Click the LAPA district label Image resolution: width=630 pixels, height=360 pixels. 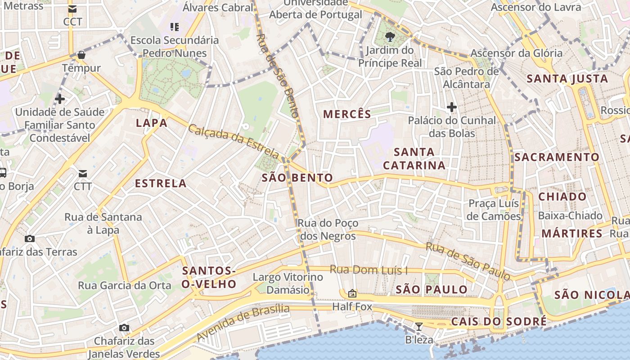coord(151,123)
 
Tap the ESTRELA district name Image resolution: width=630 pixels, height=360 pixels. coord(161,183)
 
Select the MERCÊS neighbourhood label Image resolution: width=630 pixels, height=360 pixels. coord(347,114)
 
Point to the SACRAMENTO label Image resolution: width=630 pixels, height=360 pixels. coord(557,157)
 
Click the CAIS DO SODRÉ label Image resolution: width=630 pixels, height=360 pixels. coord(499,321)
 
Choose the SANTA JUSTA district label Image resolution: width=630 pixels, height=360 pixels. coord(567,79)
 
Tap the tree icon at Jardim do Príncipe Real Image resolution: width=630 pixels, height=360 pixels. coord(390,37)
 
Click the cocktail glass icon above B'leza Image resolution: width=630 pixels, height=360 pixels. coord(419,326)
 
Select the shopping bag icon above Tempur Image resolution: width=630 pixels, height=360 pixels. coord(81,55)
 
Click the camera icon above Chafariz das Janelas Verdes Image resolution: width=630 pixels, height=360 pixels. coord(124,328)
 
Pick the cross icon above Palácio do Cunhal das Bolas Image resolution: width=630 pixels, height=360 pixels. coord(452,107)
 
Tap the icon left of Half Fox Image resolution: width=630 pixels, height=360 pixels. coord(352,293)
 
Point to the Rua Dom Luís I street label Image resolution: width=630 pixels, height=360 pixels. coord(369,270)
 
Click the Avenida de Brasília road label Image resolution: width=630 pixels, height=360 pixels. coord(243,322)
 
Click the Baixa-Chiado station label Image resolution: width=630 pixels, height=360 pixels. coord(570,216)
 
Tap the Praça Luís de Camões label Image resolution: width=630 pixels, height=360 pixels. coord(494,210)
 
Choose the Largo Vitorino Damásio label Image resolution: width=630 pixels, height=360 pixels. coord(288,283)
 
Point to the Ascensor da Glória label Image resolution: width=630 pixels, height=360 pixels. coord(516,53)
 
